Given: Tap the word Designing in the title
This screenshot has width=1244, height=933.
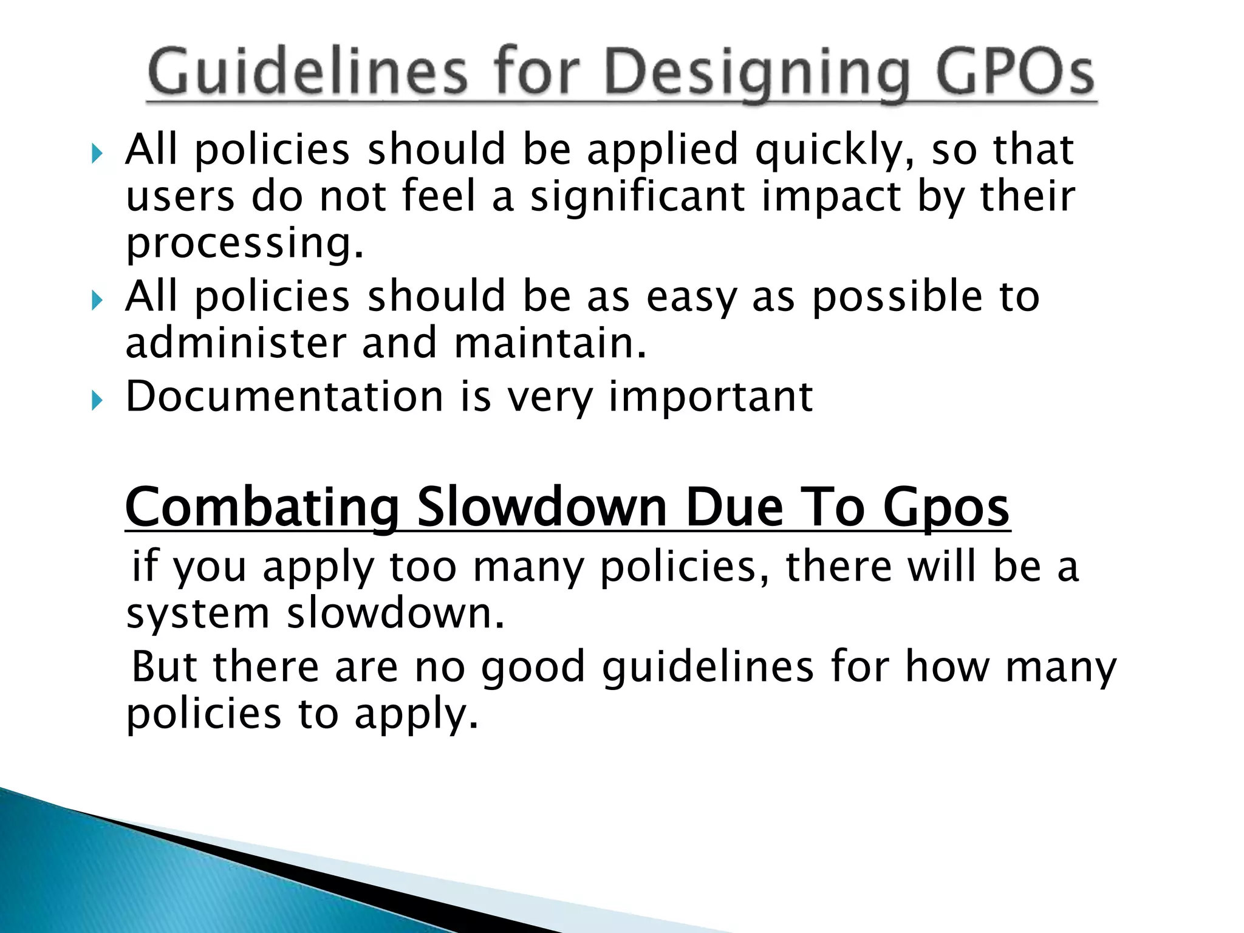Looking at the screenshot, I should pos(757,74).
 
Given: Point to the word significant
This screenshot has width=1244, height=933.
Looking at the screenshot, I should pos(637,197).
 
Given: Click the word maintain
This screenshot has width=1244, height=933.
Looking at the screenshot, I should pos(550,343).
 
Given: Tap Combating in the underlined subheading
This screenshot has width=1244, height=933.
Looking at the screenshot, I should pos(262,508).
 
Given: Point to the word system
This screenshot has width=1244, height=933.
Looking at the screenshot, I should pos(197,614).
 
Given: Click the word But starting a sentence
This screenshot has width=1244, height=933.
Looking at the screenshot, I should pos(164,666).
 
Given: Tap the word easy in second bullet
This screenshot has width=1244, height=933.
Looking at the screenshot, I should pos(691,297).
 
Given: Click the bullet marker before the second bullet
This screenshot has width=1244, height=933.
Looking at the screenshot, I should pos(97,300).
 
